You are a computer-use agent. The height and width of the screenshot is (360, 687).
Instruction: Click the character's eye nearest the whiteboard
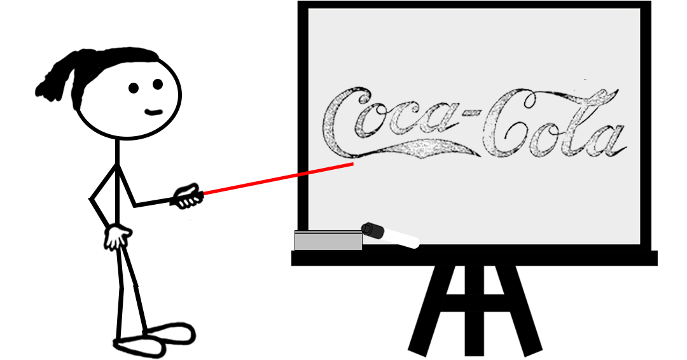tap(158, 84)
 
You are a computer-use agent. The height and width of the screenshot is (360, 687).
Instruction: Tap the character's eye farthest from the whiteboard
tap(134, 88)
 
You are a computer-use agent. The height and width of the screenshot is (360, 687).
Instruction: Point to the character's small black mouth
tap(153, 113)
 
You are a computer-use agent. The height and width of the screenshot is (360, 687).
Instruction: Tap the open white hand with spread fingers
tap(116, 237)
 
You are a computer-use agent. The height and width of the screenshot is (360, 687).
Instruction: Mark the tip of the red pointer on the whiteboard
tap(352, 164)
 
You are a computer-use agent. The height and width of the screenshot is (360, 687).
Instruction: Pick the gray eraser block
tap(328, 240)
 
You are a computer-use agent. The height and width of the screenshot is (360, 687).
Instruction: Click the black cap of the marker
tap(372, 230)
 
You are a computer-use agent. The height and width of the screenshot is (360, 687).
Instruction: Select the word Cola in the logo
tap(553, 127)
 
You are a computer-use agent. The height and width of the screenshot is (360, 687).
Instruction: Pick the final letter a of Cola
tap(607, 140)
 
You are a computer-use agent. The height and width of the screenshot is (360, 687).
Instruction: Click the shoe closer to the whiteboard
tap(169, 333)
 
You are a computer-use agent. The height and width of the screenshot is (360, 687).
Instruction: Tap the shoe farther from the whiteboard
tap(137, 347)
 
